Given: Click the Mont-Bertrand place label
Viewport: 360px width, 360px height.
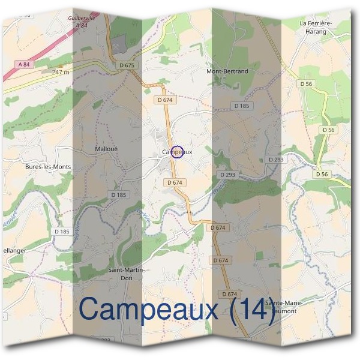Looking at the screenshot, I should click(x=227, y=71).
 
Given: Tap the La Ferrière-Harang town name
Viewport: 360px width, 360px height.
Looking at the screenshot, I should click(x=316, y=27).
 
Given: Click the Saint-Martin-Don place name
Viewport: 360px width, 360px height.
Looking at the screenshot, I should click(x=127, y=274).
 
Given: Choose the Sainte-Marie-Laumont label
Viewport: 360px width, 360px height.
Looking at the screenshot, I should click(x=286, y=308).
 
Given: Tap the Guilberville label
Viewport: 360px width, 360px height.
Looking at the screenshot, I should click(x=82, y=19).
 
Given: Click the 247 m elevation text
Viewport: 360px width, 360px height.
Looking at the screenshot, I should click(x=61, y=72).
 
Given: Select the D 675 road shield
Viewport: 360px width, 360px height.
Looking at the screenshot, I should click(x=127, y=65).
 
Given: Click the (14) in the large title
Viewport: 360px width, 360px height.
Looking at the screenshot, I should click(x=253, y=310).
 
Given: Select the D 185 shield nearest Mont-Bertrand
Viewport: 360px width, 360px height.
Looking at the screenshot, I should click(x=241, y=106).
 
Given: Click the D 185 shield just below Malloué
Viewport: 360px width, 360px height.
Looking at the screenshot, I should click(x=119, y=195).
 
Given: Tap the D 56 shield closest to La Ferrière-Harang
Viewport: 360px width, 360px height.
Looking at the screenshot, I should click(x=307, y=85).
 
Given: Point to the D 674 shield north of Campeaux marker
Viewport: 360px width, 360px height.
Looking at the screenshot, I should click(x=165, y=100).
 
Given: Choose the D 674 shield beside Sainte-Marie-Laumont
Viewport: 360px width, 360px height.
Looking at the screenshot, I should click(x=230, y=294).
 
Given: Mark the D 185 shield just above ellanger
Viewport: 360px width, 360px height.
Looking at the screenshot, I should click(x=62, y=231).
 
